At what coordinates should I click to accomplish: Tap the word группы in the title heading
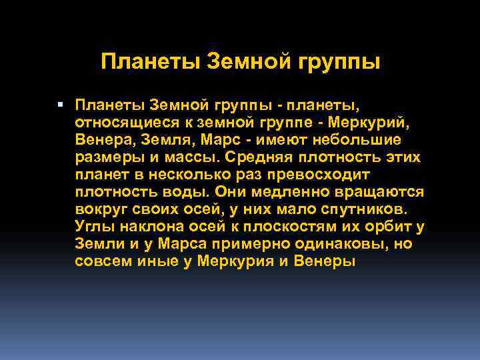[341, 64]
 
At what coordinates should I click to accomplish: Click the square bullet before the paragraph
[61, 104]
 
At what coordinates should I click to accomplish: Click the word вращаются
[383, 192]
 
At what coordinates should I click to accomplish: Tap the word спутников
[362, 209]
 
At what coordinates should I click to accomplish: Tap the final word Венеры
[324, 261]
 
